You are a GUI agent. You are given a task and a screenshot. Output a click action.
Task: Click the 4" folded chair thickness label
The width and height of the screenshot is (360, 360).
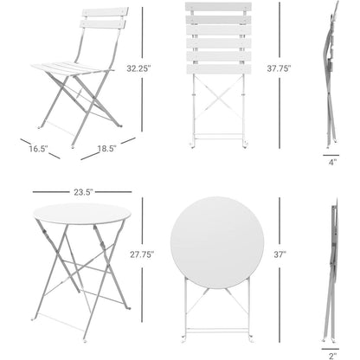point(333,161)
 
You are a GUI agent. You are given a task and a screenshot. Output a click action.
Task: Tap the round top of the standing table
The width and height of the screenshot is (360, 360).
point(81,214)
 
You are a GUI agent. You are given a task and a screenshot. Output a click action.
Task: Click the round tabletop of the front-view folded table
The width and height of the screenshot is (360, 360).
point(217,242)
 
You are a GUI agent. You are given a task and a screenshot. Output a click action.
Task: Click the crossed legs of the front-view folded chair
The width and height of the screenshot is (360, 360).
point(217,108)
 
